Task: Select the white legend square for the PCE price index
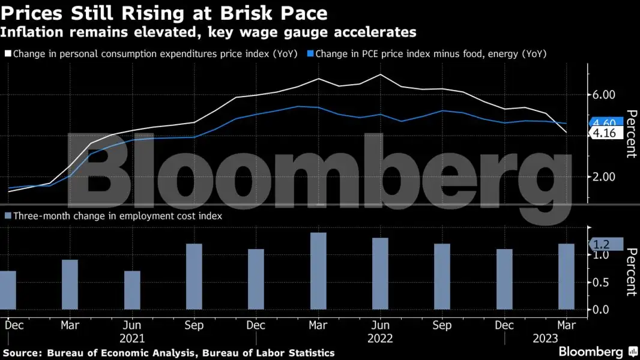pos(7,54)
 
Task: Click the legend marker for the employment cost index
pos(7,216)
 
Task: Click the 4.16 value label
pos(605,133)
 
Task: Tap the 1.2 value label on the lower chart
pos(602,244)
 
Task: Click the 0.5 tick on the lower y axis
pos(602,283)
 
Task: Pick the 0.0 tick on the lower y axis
pos(602,310)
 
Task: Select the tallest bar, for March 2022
pos(318,271)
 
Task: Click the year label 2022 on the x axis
pos(380,339)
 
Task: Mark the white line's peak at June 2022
pos(380,74)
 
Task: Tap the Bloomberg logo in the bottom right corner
pos(591,352)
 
